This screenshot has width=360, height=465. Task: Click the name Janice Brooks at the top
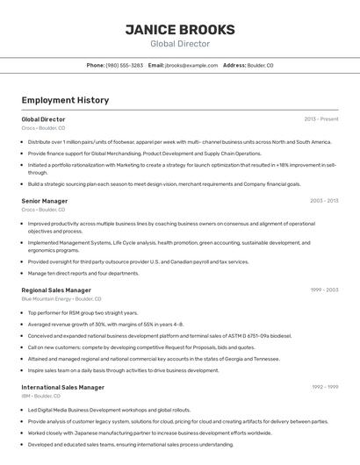180,29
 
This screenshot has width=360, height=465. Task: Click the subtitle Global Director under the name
180,44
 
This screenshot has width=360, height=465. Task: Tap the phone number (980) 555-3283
125,66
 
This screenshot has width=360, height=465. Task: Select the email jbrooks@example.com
191,66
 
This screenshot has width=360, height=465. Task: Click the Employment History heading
65,101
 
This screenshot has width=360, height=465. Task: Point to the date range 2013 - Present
321,118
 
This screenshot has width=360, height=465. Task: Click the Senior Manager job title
44,201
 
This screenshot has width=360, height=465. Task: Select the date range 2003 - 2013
324,201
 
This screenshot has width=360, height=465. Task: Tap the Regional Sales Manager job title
56,290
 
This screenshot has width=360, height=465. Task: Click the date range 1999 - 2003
324,290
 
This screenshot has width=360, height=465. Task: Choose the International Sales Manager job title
62,387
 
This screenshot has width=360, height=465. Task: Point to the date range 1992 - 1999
324,387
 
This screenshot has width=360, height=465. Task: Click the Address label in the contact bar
234,66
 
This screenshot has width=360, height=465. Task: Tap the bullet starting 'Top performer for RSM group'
83,312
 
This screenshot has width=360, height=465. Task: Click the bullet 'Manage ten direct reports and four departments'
83,273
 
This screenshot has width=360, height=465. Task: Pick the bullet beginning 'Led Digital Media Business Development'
109,410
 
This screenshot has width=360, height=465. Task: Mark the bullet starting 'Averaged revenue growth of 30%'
105,324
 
